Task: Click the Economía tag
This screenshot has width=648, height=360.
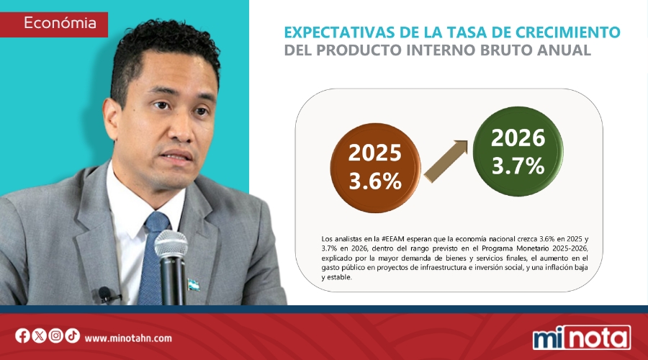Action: [x=60, y=23]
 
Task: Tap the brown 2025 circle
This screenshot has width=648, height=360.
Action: [x=374, y=167]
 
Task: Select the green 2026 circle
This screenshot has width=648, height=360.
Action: [x=518, y=153]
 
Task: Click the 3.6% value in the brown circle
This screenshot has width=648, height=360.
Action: [x=374, y=181]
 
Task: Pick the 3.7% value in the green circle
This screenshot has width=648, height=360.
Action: [x=518, y=166]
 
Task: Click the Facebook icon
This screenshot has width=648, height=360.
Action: [x=22, y=336]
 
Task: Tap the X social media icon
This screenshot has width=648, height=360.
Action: [x=39, y=336]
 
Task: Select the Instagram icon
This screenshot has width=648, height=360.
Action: [x=55, y=336]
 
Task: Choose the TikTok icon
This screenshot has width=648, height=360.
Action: [x=72, y=336]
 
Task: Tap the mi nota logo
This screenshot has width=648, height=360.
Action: [x=581, y=337]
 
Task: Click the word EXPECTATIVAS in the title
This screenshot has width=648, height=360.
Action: [x=337, y=32]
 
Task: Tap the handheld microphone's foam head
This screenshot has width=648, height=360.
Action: [x=171, y=247]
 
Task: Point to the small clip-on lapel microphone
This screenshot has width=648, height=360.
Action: [x=106, y=294]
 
